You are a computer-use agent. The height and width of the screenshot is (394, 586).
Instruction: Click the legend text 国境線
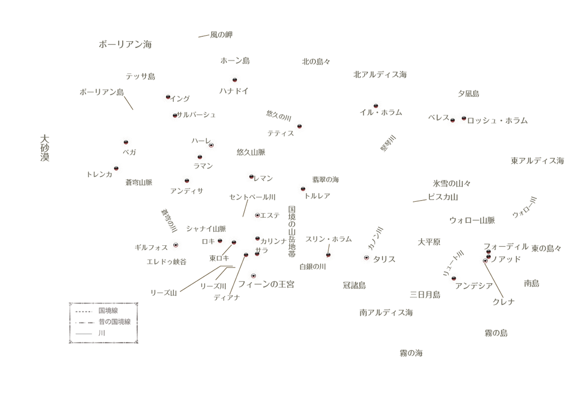[108, 310]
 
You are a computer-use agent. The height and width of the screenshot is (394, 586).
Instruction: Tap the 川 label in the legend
[101, 333]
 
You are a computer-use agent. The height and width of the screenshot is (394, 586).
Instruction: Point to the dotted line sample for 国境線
[83, 311]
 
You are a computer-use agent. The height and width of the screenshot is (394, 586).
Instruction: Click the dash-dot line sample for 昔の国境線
[83, 323]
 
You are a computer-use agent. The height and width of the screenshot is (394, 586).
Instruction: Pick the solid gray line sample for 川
[83, 334]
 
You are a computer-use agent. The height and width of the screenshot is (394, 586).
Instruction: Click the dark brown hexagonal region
[133, 109]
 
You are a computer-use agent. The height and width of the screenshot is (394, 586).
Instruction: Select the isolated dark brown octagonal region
[406, 202]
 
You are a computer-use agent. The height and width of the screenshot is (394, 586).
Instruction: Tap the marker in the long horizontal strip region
[235, 79]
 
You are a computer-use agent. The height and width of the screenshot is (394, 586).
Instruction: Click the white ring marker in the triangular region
[366, 257]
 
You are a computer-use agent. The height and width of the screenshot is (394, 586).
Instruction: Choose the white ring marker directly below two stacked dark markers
[485, 260]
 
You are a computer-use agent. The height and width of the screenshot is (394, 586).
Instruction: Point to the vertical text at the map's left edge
[43, 148]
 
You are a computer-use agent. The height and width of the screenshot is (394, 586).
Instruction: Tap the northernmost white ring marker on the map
[211, 145]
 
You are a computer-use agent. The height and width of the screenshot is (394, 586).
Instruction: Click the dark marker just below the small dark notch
[328, 254]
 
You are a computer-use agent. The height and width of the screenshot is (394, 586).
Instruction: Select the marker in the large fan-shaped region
[299, 125]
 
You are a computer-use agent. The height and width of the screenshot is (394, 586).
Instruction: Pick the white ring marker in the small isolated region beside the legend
[176, 245]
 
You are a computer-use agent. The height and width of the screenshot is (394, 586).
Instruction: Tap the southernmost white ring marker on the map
[253, 275]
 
